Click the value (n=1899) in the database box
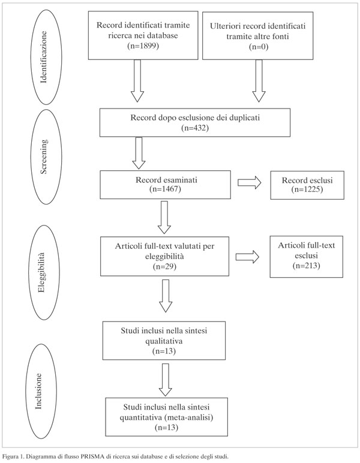143,46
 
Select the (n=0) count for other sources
259,47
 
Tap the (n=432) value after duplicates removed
195,128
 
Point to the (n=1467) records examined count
166,189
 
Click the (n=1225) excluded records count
307,190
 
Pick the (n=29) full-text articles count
164,266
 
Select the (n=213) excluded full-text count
307,266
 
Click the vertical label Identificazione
43,57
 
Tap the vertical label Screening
43,157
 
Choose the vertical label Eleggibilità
41,272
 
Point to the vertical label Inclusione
38,391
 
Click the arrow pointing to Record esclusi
250,183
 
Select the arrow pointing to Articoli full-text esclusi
247,257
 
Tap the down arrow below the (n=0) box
259,81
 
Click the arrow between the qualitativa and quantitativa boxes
166,380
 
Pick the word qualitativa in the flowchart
164,341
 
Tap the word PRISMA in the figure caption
92,456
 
